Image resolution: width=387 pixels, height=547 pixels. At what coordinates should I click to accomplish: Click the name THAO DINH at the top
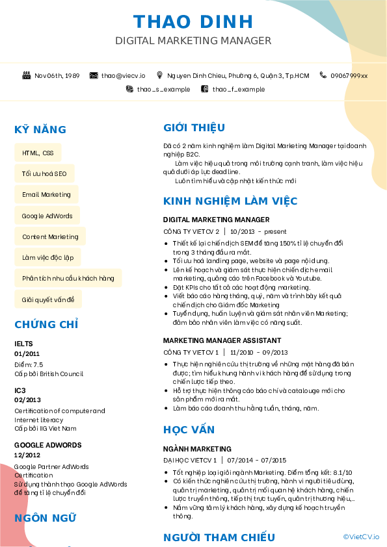[193, 22]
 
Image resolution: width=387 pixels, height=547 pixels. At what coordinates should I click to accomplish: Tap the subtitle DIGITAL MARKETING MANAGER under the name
[193, 41]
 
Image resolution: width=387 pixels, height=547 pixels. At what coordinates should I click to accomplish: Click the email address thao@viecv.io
[123, 76]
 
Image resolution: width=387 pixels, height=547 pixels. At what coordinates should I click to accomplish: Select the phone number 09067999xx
[349, 76]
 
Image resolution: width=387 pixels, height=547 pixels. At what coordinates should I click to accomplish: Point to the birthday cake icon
[27, 75]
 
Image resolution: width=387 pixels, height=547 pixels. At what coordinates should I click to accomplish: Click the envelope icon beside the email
[94, 76]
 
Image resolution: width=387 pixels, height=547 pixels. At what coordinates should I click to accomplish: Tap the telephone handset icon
[323, 75]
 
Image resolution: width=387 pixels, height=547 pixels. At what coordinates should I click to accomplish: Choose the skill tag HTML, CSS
[38, 153]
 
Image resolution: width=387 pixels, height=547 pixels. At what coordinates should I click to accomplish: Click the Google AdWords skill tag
[47, 216]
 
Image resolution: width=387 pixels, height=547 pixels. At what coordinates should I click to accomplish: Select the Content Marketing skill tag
[50, 236]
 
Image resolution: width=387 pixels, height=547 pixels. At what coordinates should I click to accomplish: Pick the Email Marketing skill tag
[46, 195]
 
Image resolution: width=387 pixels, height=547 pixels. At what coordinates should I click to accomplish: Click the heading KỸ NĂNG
[40, 130]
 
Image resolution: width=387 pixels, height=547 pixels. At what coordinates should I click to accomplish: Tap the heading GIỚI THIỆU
[194, 127]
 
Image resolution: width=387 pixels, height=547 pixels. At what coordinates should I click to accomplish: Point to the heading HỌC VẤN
[189, 430]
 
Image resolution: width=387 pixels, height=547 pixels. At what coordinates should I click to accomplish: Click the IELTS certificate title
[23, 344]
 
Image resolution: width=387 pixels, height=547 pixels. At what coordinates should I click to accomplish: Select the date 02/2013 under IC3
[27, 400]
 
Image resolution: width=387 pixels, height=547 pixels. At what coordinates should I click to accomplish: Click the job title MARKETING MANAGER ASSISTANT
[222, 340]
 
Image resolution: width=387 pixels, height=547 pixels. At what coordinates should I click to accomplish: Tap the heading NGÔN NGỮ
[46, 518]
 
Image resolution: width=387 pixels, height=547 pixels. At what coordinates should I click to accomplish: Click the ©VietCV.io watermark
[361, 537]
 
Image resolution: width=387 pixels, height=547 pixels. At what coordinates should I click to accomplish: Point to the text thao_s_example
[163, 89]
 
